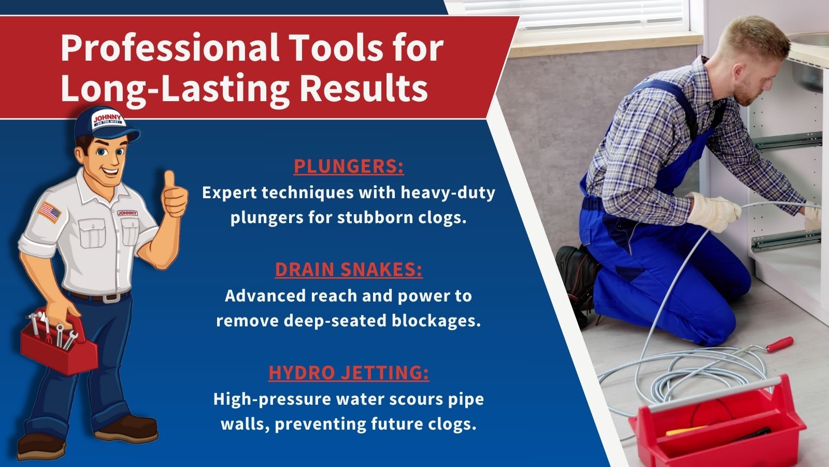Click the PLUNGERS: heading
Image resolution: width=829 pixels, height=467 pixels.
pos(349,167)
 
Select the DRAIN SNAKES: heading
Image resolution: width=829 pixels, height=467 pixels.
pos(349,270)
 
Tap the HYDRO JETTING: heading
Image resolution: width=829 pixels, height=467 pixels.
pos(349,373)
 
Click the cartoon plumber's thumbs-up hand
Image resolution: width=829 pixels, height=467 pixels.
pos(174,195)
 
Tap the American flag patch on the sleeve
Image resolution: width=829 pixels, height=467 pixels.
pos(49,212)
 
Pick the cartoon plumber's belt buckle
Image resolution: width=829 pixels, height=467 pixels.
pos(111,298)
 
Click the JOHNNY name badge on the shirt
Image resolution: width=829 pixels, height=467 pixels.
pos(127,213)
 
